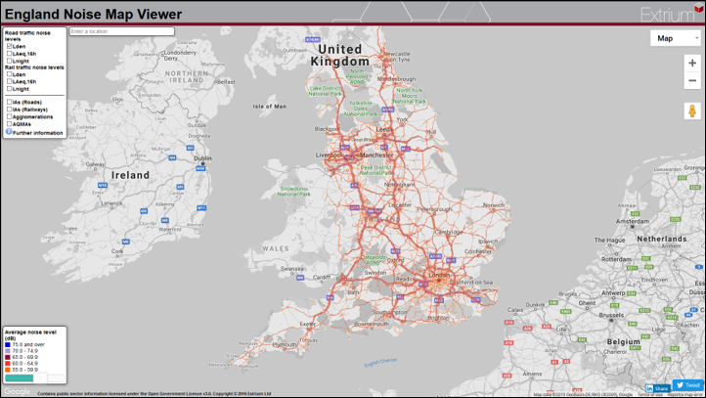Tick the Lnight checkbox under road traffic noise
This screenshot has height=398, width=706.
pyautogui.click(x=9, y=60)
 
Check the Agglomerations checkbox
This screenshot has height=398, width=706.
pyautogui.click(x=9, y=117)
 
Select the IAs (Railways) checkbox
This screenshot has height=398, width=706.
pyautogui.click(x=9, y=110)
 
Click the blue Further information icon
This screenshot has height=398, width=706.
pyautogui.click(x=9, y=131)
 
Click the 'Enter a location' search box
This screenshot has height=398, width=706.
pyautogui.click(x=121, y=31)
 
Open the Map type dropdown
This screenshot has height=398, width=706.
pyautogui.click(x=676, y=38)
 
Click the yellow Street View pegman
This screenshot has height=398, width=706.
pyautogui.click(x=692, y=111)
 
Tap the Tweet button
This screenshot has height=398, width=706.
pyautogui.click(x=687, y=385)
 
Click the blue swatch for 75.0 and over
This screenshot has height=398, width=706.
pyautogui.click(x=9, y=344)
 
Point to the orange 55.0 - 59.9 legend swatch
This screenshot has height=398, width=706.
pyautogui.click(x=9, y=370)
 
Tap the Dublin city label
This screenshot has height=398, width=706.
pyautogui.click(x=202, y=157)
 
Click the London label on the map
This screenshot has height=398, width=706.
pyautogui.click(x=437, y=274)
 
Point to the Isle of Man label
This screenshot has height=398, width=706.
pyautogui.click(x=269, y=106)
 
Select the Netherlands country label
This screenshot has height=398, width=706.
pyautogui.click(x=662, y=239)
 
